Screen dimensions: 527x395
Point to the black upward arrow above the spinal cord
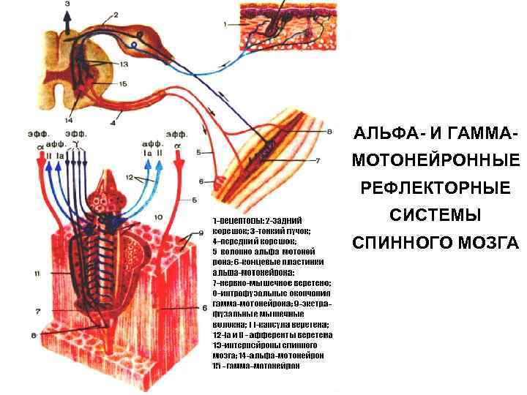click(x=67, y=22)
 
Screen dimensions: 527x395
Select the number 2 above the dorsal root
click(x=114, y=14)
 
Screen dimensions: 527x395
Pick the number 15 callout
click(x=123, y=84)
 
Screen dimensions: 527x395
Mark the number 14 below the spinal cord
click(x=69, y=118)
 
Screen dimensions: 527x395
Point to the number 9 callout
click(x=203, y=233)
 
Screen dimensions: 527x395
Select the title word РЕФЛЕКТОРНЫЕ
click(x=436, y=188)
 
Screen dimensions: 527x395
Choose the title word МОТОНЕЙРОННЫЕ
click(x=436, y=160)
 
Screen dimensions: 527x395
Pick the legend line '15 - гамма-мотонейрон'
click(x=257, y=364)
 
